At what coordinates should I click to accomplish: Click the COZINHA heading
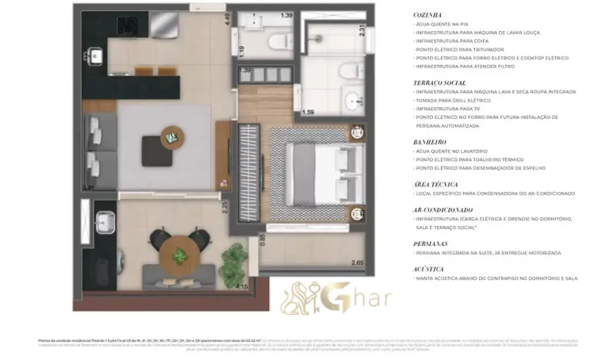[427, 14]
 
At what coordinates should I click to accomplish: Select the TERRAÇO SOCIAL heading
[439, 82]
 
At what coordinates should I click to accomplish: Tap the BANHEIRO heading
[429, 142]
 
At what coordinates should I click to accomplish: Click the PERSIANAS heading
[431, 243]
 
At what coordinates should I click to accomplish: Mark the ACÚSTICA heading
[428, 269]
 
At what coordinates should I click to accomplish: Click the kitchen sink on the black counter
[95, 56]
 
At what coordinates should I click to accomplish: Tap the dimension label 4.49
[227, 20]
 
